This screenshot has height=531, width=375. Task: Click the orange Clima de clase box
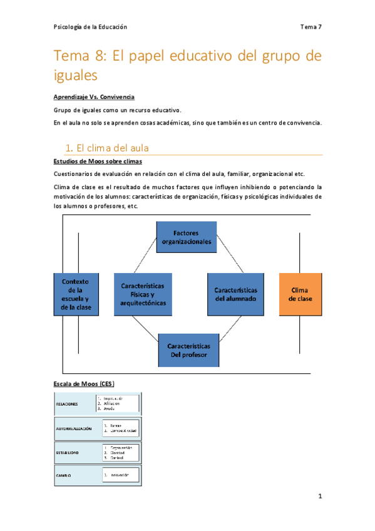(301, 294)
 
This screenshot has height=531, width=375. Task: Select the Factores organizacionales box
(187, 237)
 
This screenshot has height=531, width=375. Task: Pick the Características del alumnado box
(236, 294)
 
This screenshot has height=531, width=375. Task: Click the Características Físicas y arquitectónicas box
(143, 294)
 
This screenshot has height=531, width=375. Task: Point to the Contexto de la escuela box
(76, 294)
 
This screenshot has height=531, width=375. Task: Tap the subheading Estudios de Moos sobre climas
(95, 162)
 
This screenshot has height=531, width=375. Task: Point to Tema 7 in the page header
(311, 27)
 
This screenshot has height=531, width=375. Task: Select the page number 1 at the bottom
(319, 497)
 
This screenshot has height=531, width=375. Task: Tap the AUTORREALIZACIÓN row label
(74, 429)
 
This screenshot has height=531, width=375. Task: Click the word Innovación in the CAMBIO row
(121, 475)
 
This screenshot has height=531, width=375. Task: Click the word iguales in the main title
(76, 76)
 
